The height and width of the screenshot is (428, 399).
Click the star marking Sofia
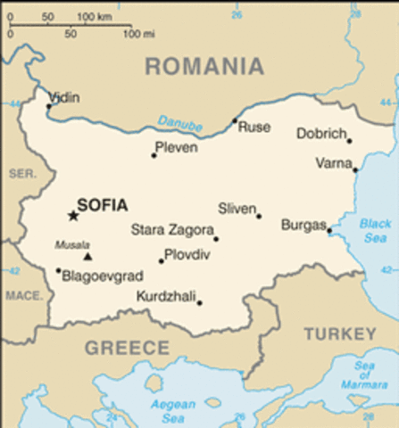[73, 215]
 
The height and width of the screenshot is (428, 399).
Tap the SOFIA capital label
[102, 204]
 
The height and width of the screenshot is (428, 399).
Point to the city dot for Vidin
[49, 107]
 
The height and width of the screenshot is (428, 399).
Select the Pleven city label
[176, 147]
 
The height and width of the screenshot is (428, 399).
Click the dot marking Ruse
[235, 121]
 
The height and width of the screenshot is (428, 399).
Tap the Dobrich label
[320, 134]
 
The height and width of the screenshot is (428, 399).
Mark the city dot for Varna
[354, 169]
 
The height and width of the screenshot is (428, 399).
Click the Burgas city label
[303, 225]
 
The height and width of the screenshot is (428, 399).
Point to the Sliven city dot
[259, 216]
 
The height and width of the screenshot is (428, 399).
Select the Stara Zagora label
[172, 229]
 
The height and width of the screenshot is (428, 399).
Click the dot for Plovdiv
[162, 261]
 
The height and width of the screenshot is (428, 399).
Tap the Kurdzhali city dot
[199, 302]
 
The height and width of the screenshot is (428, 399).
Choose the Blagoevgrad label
[102, 276]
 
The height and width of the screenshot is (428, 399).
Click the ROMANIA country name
[204, 66]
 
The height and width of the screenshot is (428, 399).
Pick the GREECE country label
[126, 347]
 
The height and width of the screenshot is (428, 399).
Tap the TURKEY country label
[339, 334]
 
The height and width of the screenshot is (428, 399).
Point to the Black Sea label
[376, 231]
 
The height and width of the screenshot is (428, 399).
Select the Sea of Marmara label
[364, 375]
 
